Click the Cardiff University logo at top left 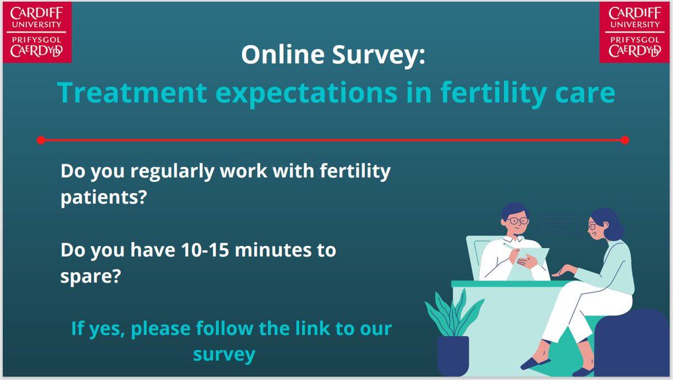pyautogui.click(x=36, y=31)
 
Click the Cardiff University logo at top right pyautogui.click(x=635, y=31)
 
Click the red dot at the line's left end pyautogui.click(x=40, y=140)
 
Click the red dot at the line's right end pyautogui.click(x=625, y=140)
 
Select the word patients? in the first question pyautogui.click(x=103, y=198)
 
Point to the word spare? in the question pyautogui.click(x=90, y=277)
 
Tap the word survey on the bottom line pyautogui.click(x=224, y=354)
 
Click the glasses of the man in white pyautogui.click(x=517, y=221)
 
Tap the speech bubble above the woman pyautogui.click(x=558, y=223)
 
